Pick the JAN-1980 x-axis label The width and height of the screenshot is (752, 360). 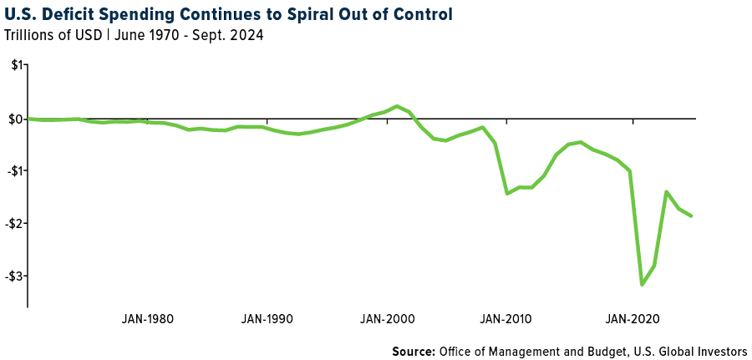pos(148,319)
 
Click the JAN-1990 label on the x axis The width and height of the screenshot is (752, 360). pos(267,319)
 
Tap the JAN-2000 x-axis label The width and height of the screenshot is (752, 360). pos(387,319)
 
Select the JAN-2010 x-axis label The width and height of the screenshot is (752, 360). pos(506,319)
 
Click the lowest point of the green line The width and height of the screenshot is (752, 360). pos(642,285)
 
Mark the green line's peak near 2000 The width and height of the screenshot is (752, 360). pos(397,106)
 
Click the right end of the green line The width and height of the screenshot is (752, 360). pos(691,216)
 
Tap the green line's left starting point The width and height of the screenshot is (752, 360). pos(29,119)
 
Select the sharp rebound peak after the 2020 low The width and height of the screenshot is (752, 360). pos(666,192)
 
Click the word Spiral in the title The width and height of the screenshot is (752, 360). pos(294,15)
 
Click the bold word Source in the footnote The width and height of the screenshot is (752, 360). pos(414,351)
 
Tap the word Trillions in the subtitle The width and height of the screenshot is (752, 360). pos(28,35)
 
